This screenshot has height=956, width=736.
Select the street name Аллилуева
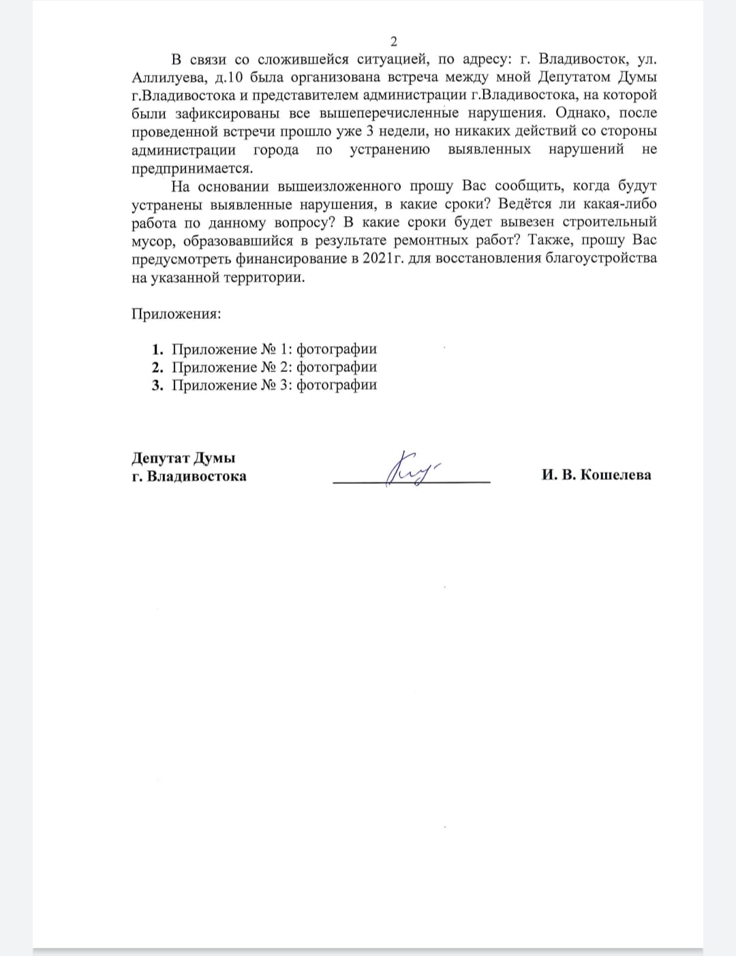coord(166,78)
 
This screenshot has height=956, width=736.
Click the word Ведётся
coord(525,204)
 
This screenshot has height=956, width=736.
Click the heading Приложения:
coord(176,314)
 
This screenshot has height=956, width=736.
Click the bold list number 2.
coord(157,367)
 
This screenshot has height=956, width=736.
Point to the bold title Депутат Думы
coord(183,458)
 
